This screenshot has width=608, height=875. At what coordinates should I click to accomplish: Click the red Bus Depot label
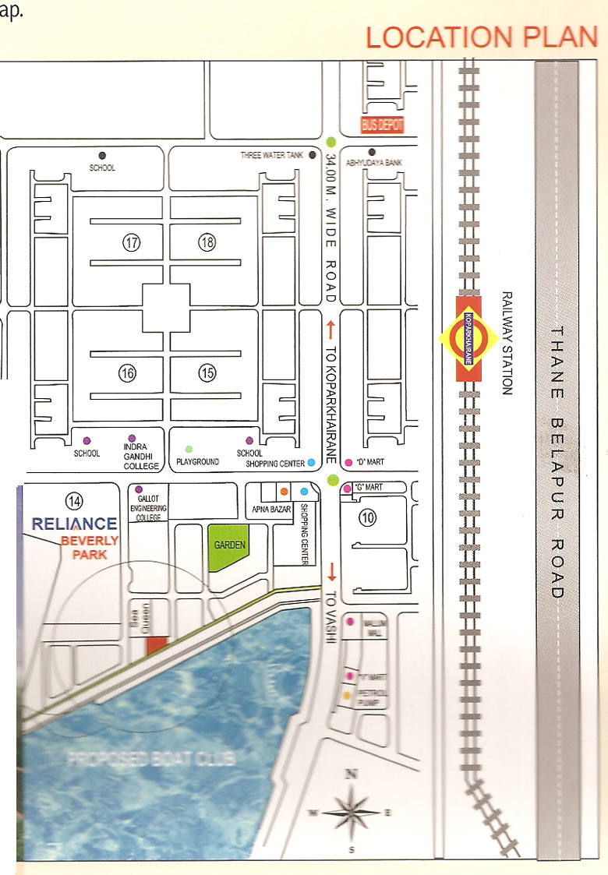coord(382,125)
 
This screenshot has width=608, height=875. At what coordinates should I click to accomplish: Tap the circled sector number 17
coord(131,243)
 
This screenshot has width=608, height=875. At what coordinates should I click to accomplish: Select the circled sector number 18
coord(207,243)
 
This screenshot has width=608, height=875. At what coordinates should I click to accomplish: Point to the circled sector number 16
coord(127,374)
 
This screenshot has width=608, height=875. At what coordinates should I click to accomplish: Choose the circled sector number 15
coord(207,374)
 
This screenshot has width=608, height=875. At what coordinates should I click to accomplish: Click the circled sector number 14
coord(74,500)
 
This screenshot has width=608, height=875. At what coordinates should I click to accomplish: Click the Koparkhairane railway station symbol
coord(468,338)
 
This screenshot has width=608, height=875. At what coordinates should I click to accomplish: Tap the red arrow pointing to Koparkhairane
coord(331,327)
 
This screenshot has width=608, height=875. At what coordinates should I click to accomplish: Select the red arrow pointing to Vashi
coord(331,571)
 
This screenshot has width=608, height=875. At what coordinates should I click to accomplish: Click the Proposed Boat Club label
coord(151,758)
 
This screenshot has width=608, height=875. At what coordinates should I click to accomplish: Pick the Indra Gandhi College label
coord(141,457)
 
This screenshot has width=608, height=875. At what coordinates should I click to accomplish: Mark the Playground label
coord(197,462)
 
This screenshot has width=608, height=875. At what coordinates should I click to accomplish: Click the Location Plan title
coord(481,37)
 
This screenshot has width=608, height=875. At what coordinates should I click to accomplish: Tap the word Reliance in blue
coord(75,524)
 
